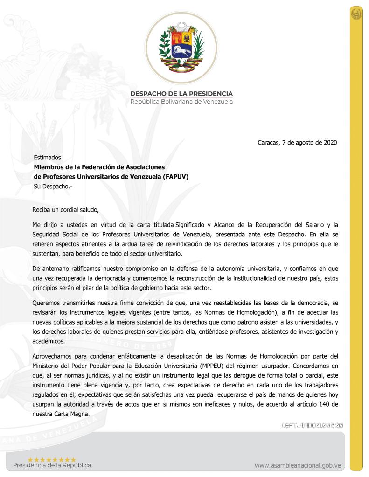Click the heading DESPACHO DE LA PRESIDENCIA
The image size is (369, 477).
(x=181, y=94)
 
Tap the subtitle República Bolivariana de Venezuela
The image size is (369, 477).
(x=181, y=102)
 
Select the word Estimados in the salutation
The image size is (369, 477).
(x=47, y=158)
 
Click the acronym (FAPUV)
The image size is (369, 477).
(x=175, y=177)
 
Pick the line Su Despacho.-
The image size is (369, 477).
(x=53, y=187)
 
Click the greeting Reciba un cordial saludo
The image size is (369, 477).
(x=66, y=209)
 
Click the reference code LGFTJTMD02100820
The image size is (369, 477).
(x=312, y=425)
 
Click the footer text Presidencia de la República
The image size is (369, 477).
(x=52, y=465)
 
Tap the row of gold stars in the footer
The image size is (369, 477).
(x=52, y=459)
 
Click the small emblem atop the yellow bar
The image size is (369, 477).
(x=356, y=14)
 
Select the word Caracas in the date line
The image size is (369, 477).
(x=269, y=143)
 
